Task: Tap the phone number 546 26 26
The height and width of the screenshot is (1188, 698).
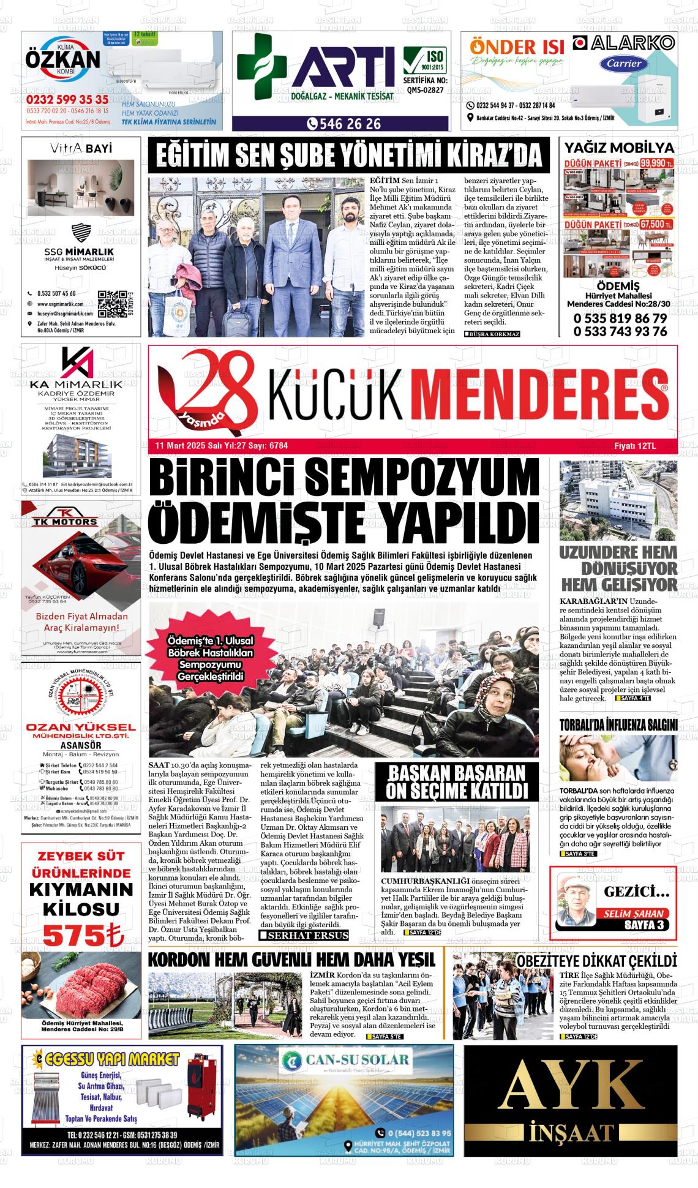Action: click(346, 124)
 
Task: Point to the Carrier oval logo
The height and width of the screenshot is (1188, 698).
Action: click(624, 62)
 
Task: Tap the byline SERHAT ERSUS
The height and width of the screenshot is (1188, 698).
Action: click(304, 935)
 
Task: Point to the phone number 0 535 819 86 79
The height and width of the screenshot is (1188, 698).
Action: click(620, 318)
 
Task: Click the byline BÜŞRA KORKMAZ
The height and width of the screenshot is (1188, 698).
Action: click(492, 334)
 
